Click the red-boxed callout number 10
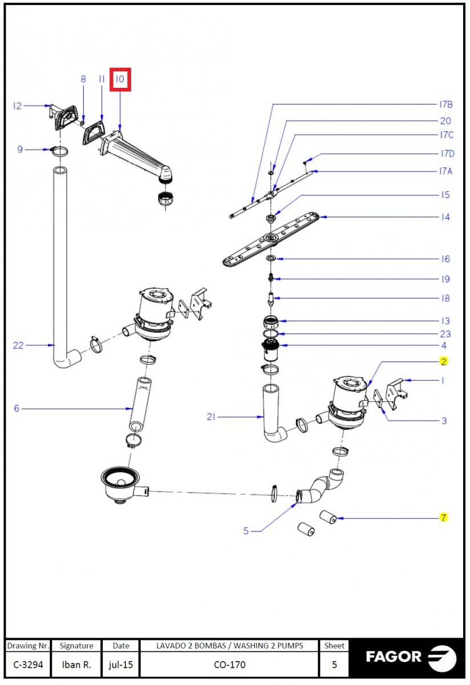[120, 79]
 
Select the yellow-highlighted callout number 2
[443, 361]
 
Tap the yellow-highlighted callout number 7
[443, 518]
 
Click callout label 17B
[445, 104]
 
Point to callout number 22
[19, 345]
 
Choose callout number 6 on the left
[17, 408]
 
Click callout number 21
[212, 417]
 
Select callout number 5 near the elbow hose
[246, 531]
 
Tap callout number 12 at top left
[17, 106]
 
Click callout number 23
[445, 334]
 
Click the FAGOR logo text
[394, 656]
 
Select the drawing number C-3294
[28, 664]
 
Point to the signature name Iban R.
[76, 664]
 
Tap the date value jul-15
[120, 664]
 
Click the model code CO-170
[229, 664]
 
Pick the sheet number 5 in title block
[334, 664]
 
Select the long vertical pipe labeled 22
[60, 257]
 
